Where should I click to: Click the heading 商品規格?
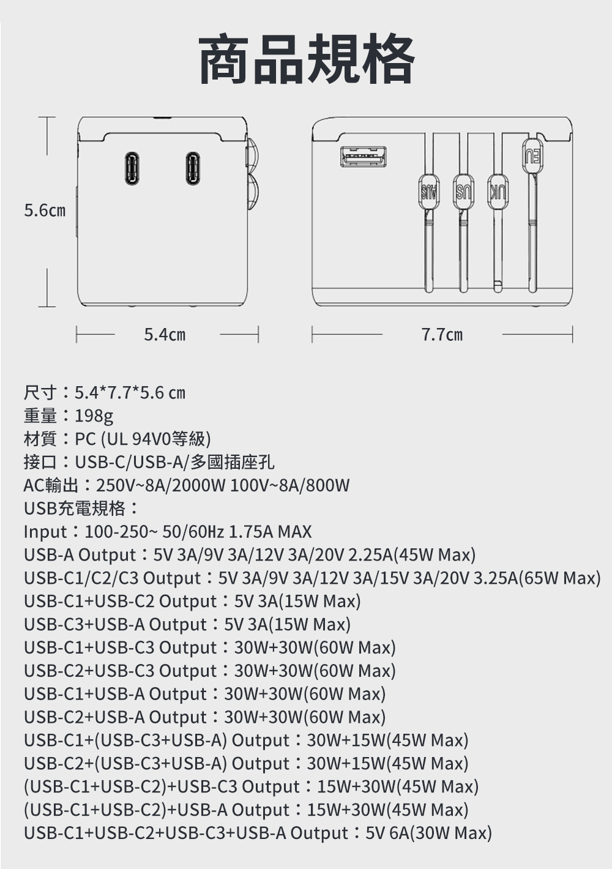point(306,59)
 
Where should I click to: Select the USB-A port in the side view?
point(364,157)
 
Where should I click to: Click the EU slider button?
point(533,156)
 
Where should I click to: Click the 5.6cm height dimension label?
point(45,211)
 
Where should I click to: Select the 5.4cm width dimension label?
point(165,334)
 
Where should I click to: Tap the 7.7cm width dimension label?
point(442,334)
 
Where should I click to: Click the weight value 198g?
point(94,416)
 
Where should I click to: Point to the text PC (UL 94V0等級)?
point(143,439)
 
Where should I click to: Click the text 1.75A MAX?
point(270,531)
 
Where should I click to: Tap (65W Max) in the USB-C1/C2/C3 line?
point(559,578)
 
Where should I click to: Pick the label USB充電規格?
point(75,509)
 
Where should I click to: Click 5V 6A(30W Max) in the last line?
point(429,832)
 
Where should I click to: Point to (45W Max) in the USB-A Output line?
point(435,555)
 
